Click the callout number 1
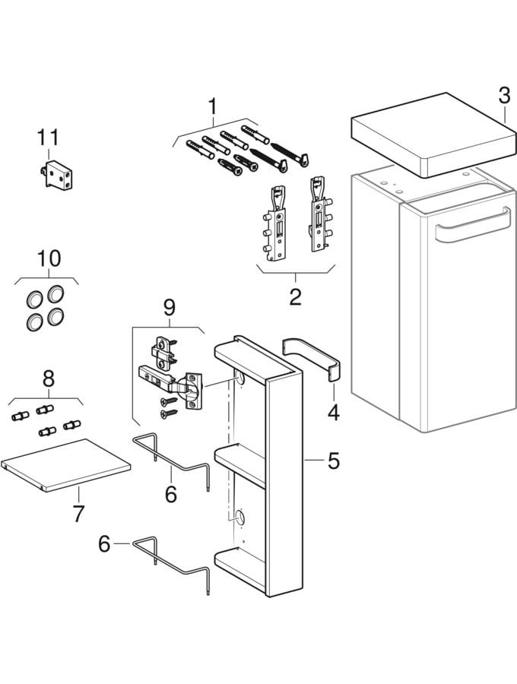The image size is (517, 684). (x=213, y=106)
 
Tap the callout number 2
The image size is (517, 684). (x=295, y=296)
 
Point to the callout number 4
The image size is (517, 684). (x=333, y=413)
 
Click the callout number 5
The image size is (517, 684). (x=334, y=461)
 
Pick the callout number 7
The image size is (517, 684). (x=78, y=513)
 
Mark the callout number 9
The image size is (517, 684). (x=169, y=307)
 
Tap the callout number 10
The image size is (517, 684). (x=48, y=259)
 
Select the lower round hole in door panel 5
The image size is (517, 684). (x=239, y=518)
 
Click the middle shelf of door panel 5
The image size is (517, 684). (x=240, y=459)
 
